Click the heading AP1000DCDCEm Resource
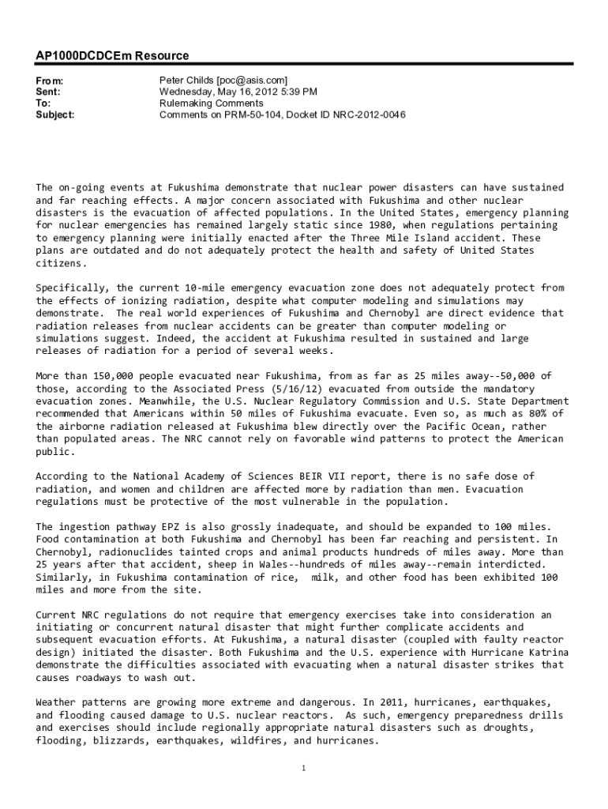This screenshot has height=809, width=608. tap(112, 56)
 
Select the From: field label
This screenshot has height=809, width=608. tap(50, 81)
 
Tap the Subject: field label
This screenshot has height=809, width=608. tap(55, 115)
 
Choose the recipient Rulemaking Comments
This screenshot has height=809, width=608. tap(212, 103)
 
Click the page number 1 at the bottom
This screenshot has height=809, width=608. tap(304, 767)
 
